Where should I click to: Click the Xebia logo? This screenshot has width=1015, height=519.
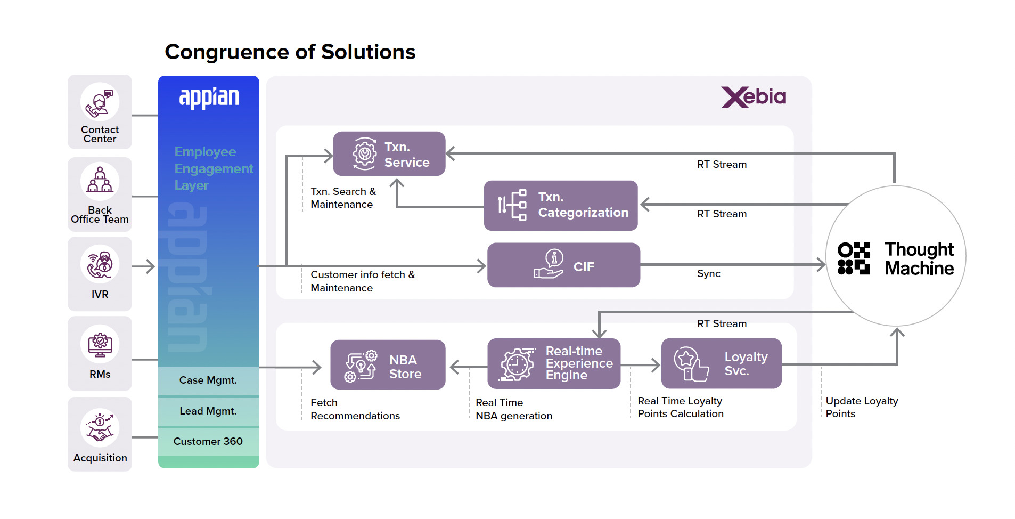753,97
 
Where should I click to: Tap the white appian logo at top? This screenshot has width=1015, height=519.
209,98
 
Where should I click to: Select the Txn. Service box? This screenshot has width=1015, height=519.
389,154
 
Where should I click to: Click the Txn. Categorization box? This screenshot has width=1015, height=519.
560,205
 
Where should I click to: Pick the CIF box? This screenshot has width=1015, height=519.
563,265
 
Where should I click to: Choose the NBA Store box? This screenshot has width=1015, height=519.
387,365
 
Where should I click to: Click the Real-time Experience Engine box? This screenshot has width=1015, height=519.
553,364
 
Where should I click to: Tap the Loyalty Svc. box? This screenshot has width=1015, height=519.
721,363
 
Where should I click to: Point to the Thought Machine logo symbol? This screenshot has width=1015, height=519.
854,258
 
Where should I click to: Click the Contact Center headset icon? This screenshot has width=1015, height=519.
100,102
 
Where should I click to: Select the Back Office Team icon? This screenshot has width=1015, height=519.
100,181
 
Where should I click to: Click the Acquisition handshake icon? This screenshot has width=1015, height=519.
100,428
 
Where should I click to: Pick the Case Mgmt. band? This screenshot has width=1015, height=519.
208,380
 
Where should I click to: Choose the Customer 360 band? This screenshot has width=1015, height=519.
208,441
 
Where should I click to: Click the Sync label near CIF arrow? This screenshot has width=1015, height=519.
708,274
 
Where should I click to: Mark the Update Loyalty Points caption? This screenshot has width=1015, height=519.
861,407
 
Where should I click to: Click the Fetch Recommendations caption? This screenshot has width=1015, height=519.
355,409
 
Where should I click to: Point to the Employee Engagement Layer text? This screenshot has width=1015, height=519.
213,168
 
